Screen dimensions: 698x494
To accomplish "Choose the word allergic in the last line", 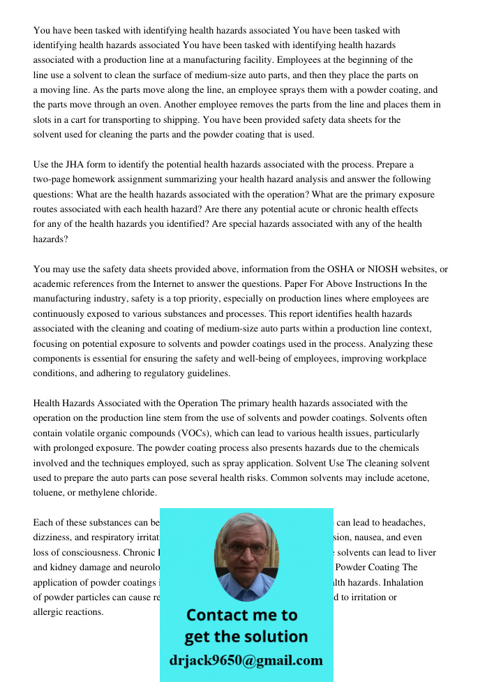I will point(50,611).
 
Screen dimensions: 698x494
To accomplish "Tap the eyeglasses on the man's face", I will point(246,549).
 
